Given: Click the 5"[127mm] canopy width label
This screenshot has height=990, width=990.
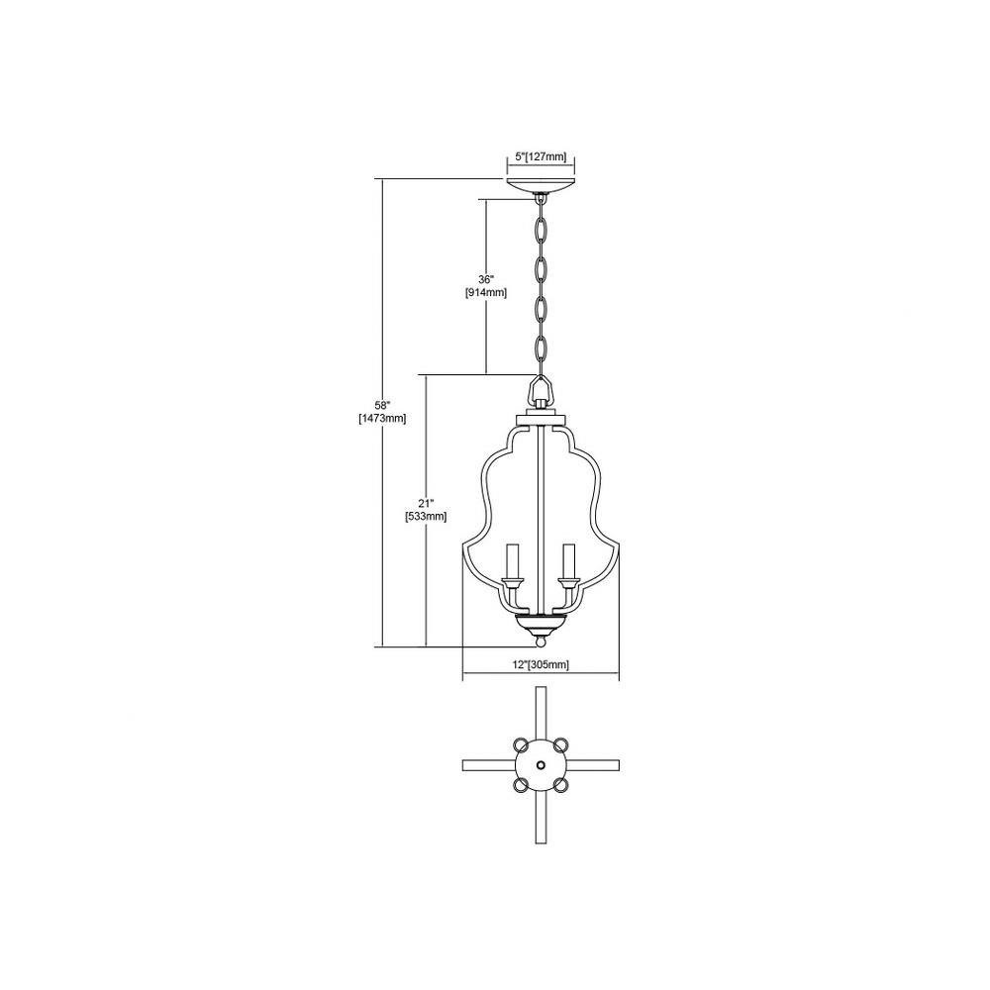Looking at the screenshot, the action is tap(541, 156).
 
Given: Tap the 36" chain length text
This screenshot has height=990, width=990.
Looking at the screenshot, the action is tap(485, 279).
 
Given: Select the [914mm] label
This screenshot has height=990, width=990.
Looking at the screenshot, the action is tap(485, 293).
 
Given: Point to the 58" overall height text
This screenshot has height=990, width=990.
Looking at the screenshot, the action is tap(382, 405).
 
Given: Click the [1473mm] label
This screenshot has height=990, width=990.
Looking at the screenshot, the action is tap(382, 418).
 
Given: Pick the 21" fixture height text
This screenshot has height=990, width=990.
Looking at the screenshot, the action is tap(426, 503).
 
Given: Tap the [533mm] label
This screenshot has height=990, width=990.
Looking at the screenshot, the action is tap(426, 517).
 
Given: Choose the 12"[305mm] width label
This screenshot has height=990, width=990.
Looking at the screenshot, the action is tap(542, 664).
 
